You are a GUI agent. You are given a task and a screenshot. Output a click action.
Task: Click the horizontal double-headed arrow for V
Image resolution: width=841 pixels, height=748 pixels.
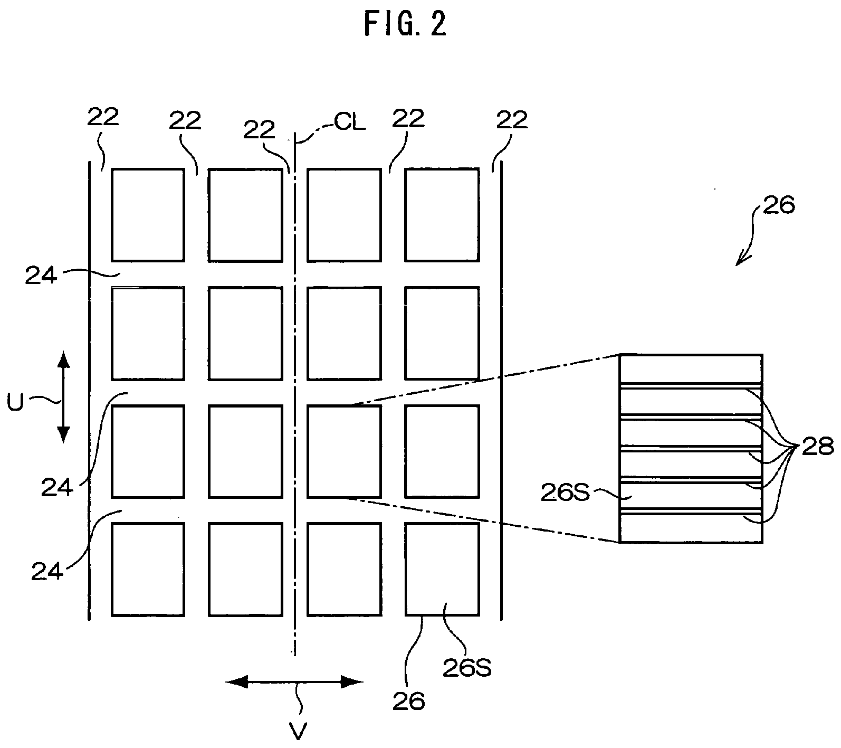pos(294,682)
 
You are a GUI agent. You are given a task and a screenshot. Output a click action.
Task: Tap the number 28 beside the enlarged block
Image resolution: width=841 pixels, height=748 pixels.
pos(818,447)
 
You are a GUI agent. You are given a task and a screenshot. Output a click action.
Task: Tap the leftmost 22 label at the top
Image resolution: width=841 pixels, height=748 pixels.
pos(103,118)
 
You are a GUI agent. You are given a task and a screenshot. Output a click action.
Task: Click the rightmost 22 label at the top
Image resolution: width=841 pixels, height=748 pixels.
pos(512,121)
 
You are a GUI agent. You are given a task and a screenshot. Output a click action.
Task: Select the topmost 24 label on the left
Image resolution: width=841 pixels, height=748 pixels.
pos(41,276)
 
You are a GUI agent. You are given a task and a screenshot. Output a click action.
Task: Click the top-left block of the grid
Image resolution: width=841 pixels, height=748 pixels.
pos(148,215)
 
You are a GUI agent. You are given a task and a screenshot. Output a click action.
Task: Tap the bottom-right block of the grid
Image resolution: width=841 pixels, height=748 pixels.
pos(442,569)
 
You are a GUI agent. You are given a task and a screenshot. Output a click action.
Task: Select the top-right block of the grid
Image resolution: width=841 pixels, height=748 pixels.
pos(442,215)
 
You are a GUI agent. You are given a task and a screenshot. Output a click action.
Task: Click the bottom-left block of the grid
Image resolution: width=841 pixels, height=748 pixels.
pos(148,569)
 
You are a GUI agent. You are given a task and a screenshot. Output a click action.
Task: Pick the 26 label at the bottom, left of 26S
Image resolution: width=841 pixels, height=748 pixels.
pos(409,702)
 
